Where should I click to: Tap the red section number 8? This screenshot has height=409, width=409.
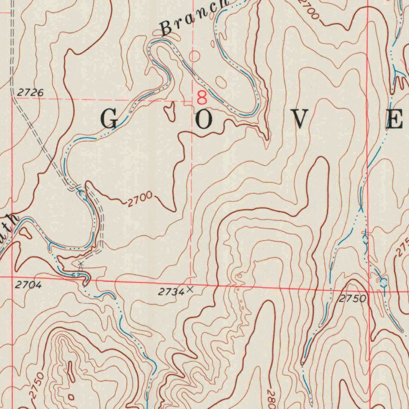(202, 97)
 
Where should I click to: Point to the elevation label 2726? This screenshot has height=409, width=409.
(30, 93)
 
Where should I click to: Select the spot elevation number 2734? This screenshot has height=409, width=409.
(171, 292)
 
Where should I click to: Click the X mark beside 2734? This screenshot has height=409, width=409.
(190, 289)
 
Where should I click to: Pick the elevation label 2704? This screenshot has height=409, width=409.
(28, 285)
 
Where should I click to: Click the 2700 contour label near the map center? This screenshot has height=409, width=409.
(140, 199)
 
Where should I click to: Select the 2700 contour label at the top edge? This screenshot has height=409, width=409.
(309, 9)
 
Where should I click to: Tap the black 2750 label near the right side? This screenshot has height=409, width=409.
(353, 299)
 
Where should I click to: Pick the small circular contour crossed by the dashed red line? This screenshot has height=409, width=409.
(194, 56)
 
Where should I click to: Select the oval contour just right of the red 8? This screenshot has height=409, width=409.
(220, 82)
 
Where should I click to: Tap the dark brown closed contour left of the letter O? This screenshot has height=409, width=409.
(170, 111)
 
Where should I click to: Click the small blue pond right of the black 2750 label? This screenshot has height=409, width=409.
(383, 283)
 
